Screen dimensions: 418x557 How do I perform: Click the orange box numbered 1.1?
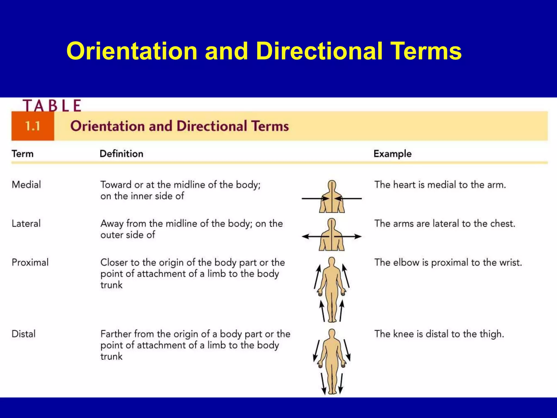(33, 126)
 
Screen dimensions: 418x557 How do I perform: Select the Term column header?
(23, 154)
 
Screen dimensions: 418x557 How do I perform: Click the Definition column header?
(121, 154)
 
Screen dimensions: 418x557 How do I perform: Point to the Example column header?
(392, 154)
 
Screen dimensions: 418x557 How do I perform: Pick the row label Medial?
(26, 185)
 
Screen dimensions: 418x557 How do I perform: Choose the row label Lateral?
(26, 224)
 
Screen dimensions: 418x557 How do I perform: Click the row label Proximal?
(30, 263)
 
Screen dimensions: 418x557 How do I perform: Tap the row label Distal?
(24, 334)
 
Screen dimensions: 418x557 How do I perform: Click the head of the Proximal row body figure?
(332, 262)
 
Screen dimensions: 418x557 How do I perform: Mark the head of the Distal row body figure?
(332, 333)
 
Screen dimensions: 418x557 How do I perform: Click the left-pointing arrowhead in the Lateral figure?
(305, 236)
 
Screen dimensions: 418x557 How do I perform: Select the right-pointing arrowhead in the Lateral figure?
(358, 236)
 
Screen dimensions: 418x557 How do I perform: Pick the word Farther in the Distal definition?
(116, 334)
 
